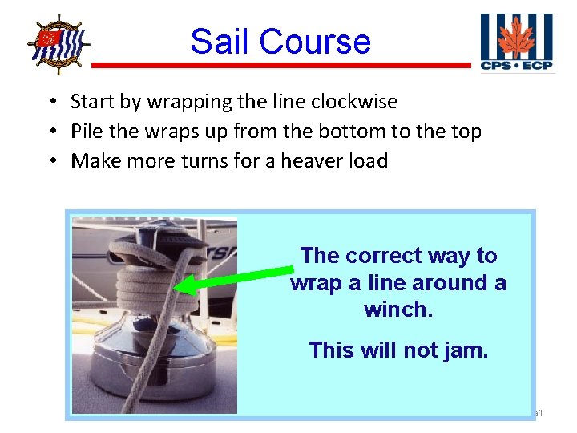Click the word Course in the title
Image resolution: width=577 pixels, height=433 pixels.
pyautogui.click(x=315, y=41)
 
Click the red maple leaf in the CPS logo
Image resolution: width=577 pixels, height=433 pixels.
pyautogui.click(x=515, y=37)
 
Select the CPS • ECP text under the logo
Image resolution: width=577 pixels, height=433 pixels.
pyautogui.click(x=516, y=65)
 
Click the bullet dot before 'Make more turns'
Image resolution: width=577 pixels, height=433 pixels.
pyautogui.click(x=50, y=161)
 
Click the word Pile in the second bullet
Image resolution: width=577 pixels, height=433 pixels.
pyautogui.click(x=87, y=131)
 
